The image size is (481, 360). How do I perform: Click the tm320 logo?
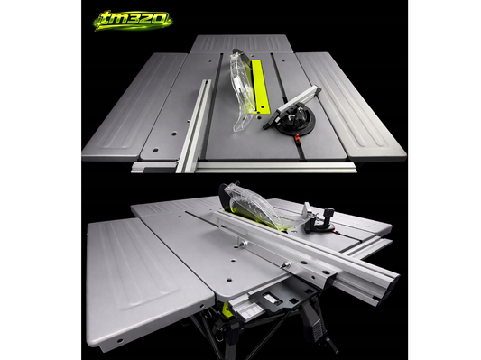click(134, 21)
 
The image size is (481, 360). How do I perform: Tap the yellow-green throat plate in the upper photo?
click(260, 86)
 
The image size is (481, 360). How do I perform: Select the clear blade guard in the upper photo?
click(242, 89)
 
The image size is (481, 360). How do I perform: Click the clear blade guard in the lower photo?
click(258, 207)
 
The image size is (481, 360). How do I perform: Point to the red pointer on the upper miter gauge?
click(297, 139)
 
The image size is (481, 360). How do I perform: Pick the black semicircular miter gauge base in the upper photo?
click(294, 119)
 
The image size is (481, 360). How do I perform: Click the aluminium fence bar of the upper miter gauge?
click(293, 106)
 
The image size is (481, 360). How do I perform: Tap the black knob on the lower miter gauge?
click(328, 214)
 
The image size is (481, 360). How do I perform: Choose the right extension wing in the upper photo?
click(350, 105)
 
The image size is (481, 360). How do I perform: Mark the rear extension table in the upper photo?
click(242, 44)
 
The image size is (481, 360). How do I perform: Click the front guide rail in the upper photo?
click(244, 168)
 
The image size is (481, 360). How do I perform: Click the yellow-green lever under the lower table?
click(227, 309)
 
